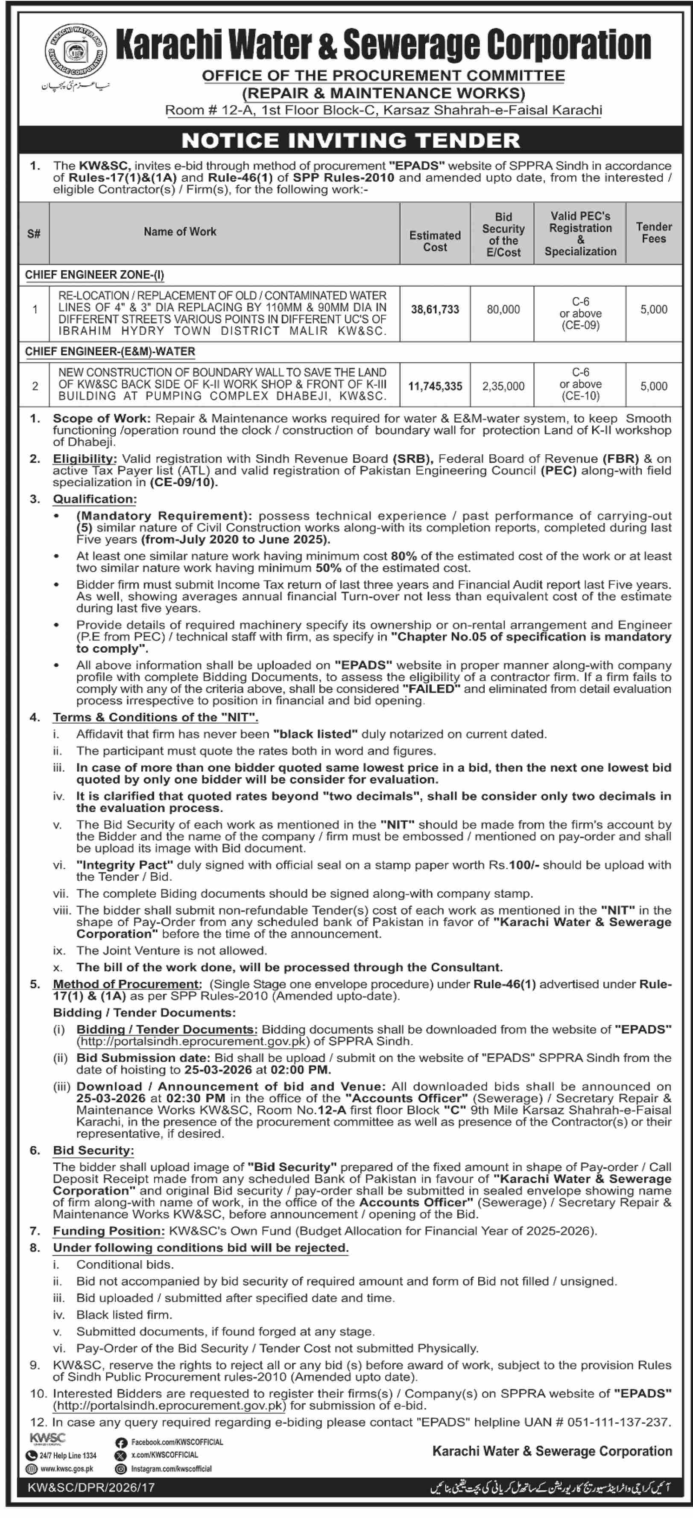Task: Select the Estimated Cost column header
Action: click(x=435, y=241)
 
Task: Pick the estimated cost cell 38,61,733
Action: click(x=435, y=309)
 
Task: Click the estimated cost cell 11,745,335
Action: click(x=435, y=387)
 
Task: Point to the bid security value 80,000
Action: click(x=503, y=309)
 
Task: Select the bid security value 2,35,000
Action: click(x=503, y=387)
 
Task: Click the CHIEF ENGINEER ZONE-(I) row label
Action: click(x=94, y=274)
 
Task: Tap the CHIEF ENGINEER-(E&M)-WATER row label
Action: click(x=110, y=352)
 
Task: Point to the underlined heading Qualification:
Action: click(x=94, y=499)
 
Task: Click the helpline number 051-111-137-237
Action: click(x=618, y=1422)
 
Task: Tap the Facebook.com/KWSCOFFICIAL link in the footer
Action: click(x=177, y=1442)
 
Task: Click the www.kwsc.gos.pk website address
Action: click(x=67, y=1469)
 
